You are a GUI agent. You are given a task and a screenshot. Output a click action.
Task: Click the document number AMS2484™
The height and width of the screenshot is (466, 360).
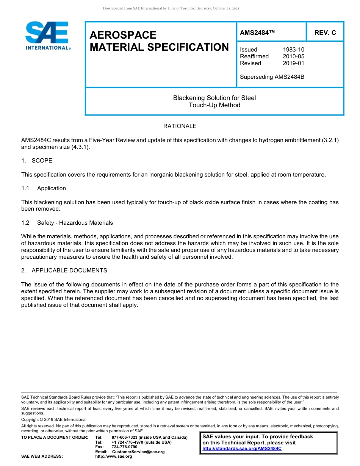[x=257, y=33]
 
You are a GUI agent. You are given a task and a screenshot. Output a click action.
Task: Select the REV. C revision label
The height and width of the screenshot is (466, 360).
[x=325, y=33]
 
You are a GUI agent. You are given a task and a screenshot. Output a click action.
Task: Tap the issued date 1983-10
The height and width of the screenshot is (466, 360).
[x=293, y=50]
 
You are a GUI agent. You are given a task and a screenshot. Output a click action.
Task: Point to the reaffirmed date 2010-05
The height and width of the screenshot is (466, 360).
[x=293, y=56]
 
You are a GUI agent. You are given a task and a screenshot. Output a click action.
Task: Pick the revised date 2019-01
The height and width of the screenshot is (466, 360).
[x=293, y=63]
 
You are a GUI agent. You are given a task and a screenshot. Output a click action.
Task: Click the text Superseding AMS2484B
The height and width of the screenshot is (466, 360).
[x=272, y=77]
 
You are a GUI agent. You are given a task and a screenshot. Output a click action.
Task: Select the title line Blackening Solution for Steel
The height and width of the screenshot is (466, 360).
[x=214, y=98]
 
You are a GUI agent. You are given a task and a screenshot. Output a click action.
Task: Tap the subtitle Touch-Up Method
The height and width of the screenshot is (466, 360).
[x=214, y=105]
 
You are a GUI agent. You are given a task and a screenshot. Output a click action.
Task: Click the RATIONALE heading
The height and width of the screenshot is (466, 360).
[x=180, y=126]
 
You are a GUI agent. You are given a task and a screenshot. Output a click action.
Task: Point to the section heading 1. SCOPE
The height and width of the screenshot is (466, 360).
[x=37, y=161]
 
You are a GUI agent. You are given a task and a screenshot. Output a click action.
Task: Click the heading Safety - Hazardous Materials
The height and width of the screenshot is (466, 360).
[x=75, y=223]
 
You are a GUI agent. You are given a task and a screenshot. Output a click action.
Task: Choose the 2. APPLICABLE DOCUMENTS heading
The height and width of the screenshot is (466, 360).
[x=64, y=271]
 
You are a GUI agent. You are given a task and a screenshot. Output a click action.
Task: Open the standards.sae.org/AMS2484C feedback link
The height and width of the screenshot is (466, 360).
[x=242, y=449]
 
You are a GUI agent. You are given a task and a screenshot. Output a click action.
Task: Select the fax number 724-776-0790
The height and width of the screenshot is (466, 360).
[x=124, y=447]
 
